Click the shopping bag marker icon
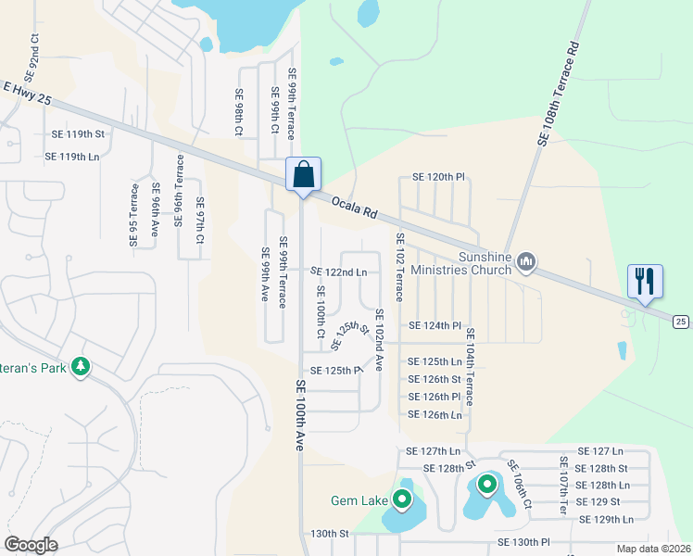click(303, 175)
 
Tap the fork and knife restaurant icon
click(644, 281)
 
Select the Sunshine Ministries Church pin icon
click(526, 263)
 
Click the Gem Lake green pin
click(402, 500)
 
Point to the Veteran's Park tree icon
click(82, 367)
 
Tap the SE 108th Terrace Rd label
click(559, 93)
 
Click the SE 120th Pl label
click(437, 177)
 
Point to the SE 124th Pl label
click(435, 326)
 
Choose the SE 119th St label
click(75, 134)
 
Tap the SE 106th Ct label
click(519, 486)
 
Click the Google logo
click(31, 545)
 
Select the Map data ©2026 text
click(652, 549)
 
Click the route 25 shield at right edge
click(681, 321)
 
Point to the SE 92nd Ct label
click(33, 57)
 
